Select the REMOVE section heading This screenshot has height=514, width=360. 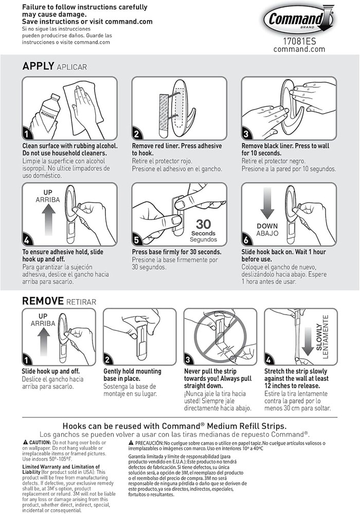pos(43,301)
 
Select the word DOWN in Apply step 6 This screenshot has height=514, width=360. pos(267,226)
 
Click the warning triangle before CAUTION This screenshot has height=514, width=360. pos(25,443)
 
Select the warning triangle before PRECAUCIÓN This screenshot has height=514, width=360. pos(131,443)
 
